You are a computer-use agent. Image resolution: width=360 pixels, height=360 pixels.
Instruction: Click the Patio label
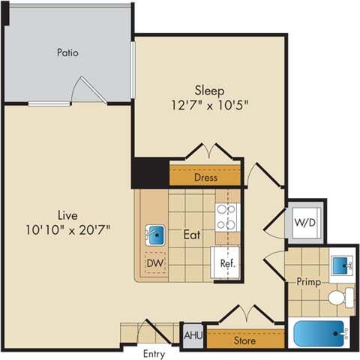coord(67,53)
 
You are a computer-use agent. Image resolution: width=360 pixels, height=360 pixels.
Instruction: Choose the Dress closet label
coord(205,178)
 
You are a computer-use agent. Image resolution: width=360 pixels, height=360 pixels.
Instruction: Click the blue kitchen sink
coord(156,235)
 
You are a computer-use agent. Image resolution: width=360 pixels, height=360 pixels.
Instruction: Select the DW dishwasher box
coord(155,263)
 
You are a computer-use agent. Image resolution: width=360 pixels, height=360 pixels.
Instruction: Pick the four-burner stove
coord(226,216)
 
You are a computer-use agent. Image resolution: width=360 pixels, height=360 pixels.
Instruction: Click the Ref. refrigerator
coord(226,263)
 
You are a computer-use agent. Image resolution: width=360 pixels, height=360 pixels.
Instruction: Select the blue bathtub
coord(319,333)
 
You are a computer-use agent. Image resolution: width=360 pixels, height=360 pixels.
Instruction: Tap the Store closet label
coord(245,340)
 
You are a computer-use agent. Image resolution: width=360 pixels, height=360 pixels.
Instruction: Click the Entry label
coord(154,354)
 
